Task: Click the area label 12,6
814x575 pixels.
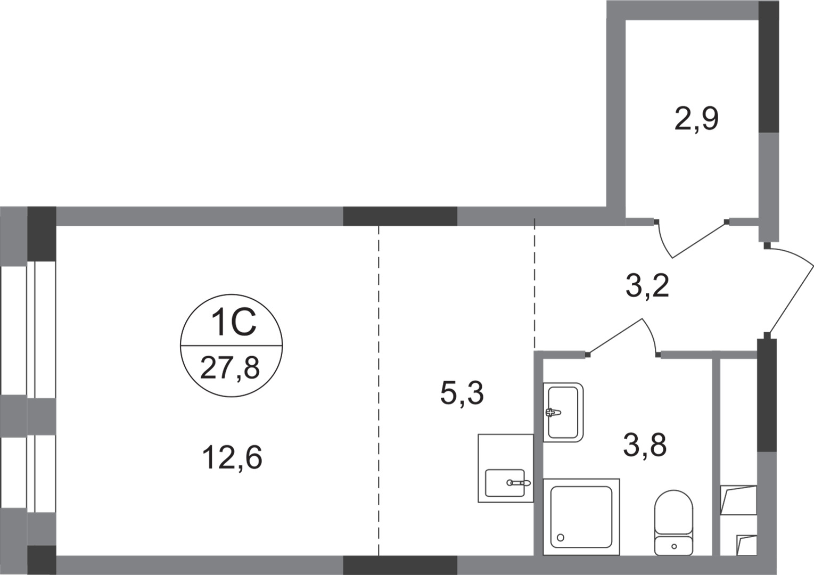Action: [x=232, y=458]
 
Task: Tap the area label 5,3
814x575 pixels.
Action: [x=462, y=393]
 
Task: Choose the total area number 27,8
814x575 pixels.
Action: [x=230, y=367]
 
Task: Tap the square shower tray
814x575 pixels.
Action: [x=581, y=516]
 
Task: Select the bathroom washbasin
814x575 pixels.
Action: [x=563, y=412]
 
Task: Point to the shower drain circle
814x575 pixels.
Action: [x=560, y=538]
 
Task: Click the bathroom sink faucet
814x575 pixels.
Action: [x=553, y=412]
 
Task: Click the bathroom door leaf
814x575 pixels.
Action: [x=615, y=336]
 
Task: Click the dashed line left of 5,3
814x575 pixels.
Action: [x=379, y=389]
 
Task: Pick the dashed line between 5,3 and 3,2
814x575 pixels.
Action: [x=535, y=282]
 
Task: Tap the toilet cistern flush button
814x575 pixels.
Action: [x=674, y=546]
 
